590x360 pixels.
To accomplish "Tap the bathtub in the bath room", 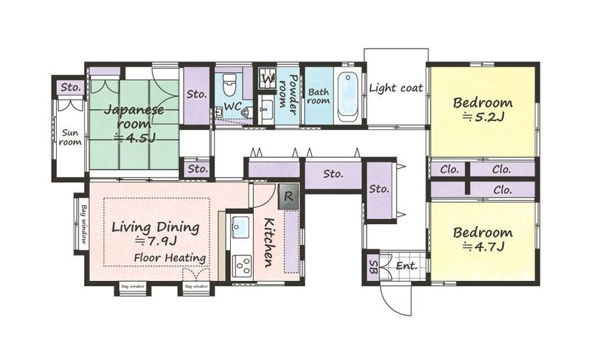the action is tap(347, 97).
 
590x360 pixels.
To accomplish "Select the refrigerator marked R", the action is tap(288, 196).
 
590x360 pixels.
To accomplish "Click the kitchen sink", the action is tap(240, 226).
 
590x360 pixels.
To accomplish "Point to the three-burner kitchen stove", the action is tap(242, 266).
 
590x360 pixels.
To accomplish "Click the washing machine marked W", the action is tap(268, 78).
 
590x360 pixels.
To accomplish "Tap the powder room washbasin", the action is tap(267, 109).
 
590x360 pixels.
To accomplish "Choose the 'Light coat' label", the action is tap(396, 88).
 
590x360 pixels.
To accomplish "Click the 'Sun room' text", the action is tap(70, 137).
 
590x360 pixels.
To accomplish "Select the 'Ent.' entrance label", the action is tap(407, 266).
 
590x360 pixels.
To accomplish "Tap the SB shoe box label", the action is tap(374, 266).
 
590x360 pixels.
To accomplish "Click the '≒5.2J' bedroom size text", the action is tap(483, 117).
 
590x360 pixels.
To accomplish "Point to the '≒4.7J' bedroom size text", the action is tap(483, 246).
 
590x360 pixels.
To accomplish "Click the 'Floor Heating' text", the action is tap(170, 258).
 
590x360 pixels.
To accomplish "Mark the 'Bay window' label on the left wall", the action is tap(83, 224).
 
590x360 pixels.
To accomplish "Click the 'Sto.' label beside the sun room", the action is tap(71, 88).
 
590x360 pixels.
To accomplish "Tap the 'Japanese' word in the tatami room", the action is tap(133, 111).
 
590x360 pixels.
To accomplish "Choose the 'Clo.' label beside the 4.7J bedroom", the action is tap(502, 190).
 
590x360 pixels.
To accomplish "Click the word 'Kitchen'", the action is tap(268, 242).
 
